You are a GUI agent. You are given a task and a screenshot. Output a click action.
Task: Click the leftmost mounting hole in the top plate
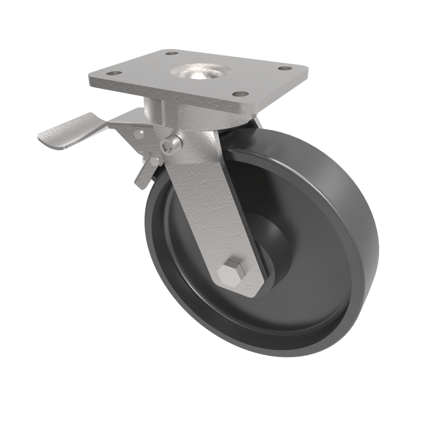point(114,74)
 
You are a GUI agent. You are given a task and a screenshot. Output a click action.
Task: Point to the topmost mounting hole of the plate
point(172,53)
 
